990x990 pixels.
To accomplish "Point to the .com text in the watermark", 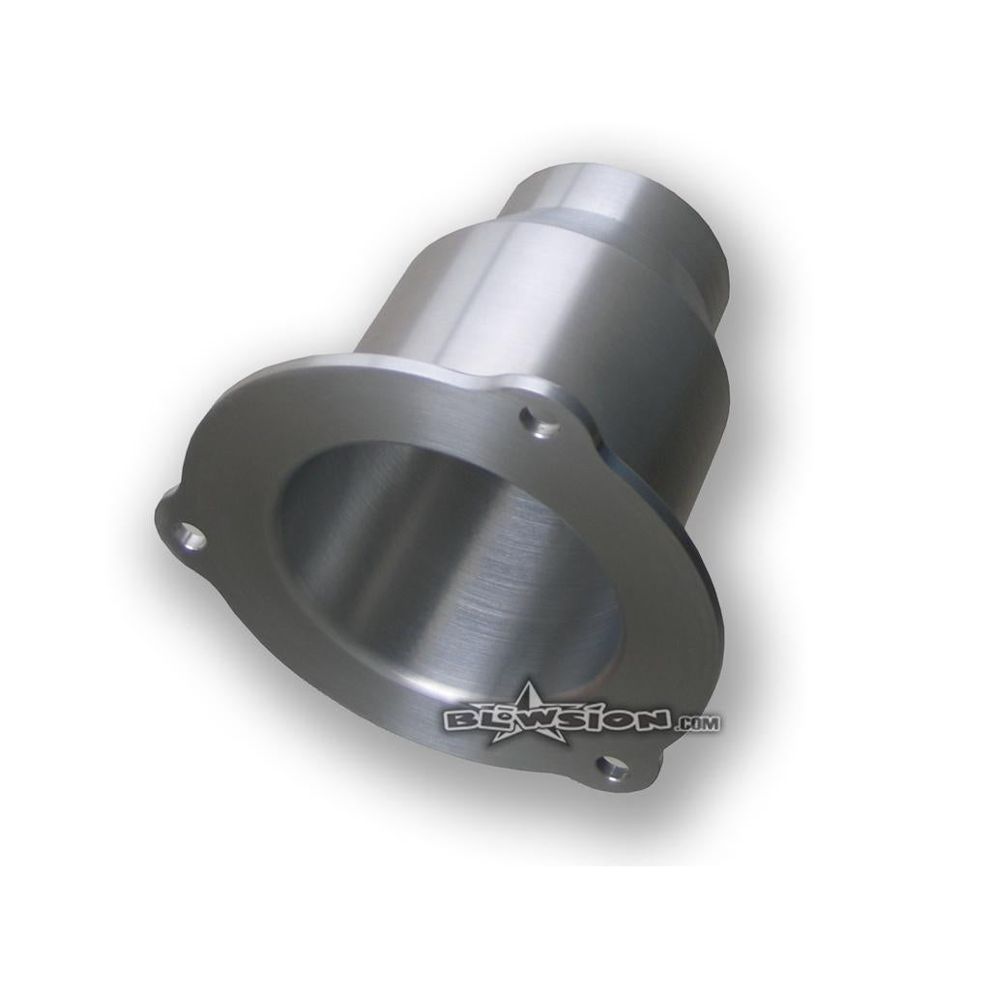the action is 697,723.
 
